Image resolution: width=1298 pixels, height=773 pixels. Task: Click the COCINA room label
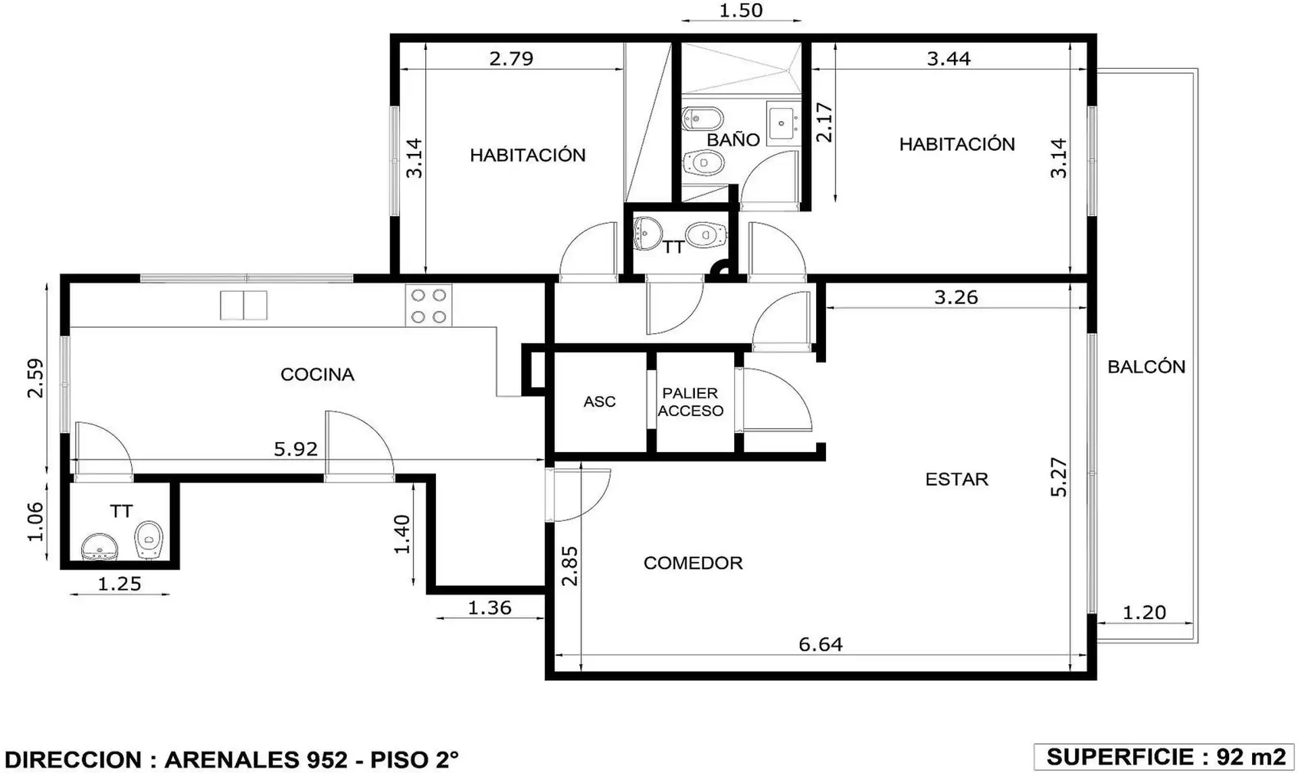click(317, 374)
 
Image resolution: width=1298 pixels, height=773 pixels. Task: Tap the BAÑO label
click(734, 139)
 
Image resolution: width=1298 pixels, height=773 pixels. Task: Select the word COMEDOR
click(693, 563)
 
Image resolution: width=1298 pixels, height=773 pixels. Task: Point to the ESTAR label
click(957, 479)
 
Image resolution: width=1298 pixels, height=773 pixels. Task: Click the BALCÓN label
click(1147, 366)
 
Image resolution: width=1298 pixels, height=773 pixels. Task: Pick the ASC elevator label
click(600, 401)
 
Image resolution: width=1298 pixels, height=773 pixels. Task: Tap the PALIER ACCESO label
click(690, 402)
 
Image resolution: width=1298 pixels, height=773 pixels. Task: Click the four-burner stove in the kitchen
click(429, 306)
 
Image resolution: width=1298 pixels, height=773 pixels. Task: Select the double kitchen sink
click(243, 305)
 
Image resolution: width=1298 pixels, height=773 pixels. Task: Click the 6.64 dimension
click(821, 645)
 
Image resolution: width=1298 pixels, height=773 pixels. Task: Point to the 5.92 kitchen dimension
click(295, 449)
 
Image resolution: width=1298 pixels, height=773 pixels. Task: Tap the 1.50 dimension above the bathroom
click(741, 11)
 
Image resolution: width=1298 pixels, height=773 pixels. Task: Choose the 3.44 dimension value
click(948, 59)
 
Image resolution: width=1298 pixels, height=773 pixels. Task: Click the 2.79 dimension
click(511, 59)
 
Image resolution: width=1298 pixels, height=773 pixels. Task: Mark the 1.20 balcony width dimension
click(1144, 613)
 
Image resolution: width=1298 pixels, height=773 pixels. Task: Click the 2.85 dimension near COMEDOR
click(571, 566)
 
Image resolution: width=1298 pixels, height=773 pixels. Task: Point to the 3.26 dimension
click(956, 297)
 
